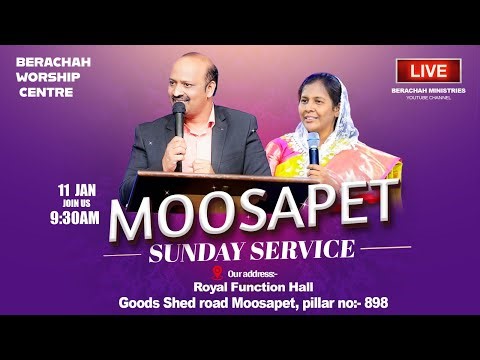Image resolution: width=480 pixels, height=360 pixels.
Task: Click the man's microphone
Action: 179,115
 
